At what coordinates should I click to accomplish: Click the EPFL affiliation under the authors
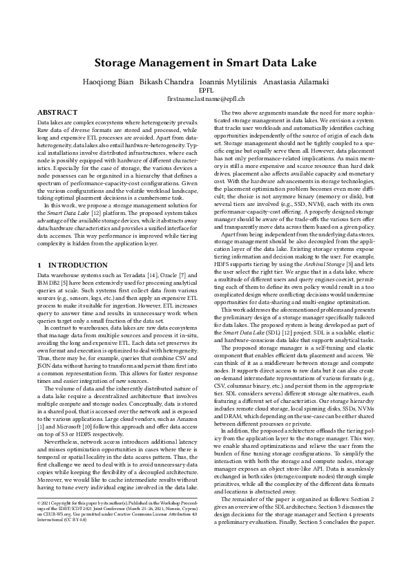205,90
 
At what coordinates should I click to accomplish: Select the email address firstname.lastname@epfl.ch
205,100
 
